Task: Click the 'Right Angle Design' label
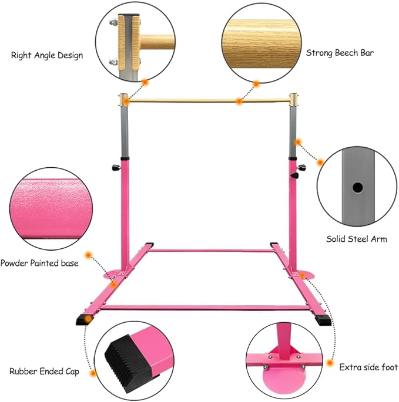tap(47, 55)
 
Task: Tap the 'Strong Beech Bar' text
tap(340, 53)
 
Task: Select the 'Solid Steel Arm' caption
tap(357, 239)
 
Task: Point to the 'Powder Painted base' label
tap(39, 263)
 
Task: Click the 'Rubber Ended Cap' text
tap(44, 371)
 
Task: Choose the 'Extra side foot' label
tap(368, 367)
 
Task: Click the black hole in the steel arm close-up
tap(357, 188)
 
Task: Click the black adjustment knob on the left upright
tap(116, 168)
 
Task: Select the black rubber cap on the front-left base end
tap(83, 319)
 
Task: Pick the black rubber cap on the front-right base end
tap(323, 320)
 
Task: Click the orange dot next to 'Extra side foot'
tap(330, 363)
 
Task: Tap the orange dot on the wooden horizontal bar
tap(239, 102)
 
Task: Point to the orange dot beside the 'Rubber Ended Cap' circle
tap(93, 373)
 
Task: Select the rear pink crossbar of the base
tap(212, 250)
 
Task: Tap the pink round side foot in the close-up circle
tap(283, 377)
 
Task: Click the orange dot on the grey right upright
tap(298, 142)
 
